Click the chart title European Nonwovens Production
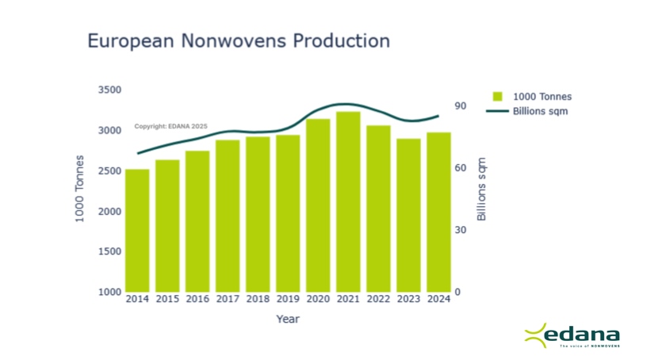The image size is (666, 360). [238, 41]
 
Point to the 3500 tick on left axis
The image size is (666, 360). [109, 90]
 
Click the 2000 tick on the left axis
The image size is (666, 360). [109, 212]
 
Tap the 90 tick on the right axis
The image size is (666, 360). [461, 106]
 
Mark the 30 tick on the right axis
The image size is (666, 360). [461, 230]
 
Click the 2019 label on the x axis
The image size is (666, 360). [288, 299]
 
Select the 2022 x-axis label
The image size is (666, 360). [378, 299]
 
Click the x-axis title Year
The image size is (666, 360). [288, 319]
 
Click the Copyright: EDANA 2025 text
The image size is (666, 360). [170, 126]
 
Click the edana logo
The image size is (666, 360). [572, 336]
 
